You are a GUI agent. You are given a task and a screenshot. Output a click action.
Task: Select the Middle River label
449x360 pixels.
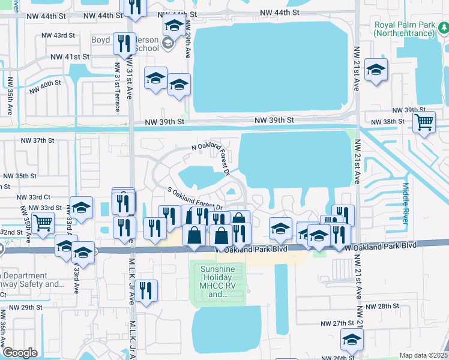tap(406, 204)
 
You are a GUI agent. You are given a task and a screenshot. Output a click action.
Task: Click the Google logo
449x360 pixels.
tap(20, 352)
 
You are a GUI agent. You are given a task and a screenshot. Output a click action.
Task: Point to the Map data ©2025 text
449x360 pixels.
tap(423, 355)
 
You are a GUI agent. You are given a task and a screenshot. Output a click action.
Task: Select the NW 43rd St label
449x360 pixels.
tap(58, 36)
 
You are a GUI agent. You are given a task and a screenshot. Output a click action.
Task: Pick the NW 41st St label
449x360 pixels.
tap(70, 56)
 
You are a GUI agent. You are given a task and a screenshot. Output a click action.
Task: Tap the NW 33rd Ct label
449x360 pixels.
tap(34, 197)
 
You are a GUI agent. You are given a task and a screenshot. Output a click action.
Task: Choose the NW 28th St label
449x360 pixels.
tap(384, 307)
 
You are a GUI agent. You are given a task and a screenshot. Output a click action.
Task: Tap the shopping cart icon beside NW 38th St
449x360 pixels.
tap(424, 122)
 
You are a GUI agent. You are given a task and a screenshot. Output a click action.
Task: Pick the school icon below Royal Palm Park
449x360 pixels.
tap(376, 70)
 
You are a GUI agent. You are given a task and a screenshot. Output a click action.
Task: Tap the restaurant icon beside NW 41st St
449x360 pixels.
tap(125, 44)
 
